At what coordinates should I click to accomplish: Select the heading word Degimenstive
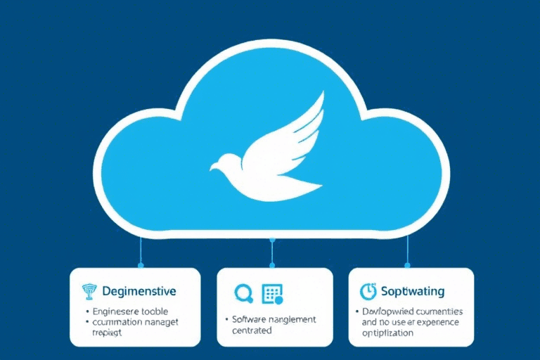tap(139, 290)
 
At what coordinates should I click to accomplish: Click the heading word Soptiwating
tap(412, 290)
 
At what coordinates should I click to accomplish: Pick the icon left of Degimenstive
tap(88, 291)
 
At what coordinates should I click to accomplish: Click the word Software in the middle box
tap(251, 319)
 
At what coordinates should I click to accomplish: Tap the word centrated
tap(252, 330)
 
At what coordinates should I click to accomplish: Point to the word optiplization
tap(387, 333)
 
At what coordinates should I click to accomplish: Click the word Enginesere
tap(116, 310)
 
